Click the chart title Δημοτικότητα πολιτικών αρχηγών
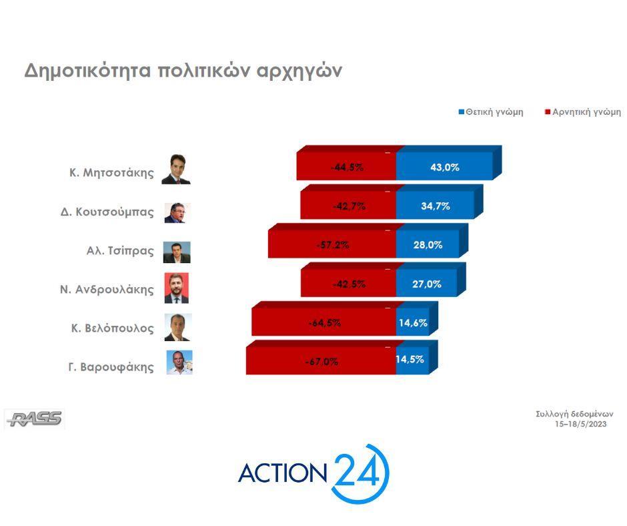[183, 71]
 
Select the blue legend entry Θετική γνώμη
[491, 112]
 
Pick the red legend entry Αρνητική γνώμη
[583, 112]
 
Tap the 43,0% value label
[445, 168]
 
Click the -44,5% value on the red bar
[347, 168]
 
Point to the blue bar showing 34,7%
[435, 206]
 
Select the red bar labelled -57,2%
[332, 244]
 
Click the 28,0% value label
[428, 244]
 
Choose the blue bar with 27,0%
[426, 283]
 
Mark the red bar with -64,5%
[324, 322]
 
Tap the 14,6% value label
[413, 322]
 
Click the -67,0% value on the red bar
[322, 362]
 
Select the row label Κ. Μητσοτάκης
[111, 173]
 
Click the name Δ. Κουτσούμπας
[107, 212]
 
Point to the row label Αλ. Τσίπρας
[120, 251]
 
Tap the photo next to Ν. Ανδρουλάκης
[176, 288]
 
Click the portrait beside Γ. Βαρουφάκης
[179, 362]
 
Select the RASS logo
[35, 419]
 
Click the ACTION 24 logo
[313, 473]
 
